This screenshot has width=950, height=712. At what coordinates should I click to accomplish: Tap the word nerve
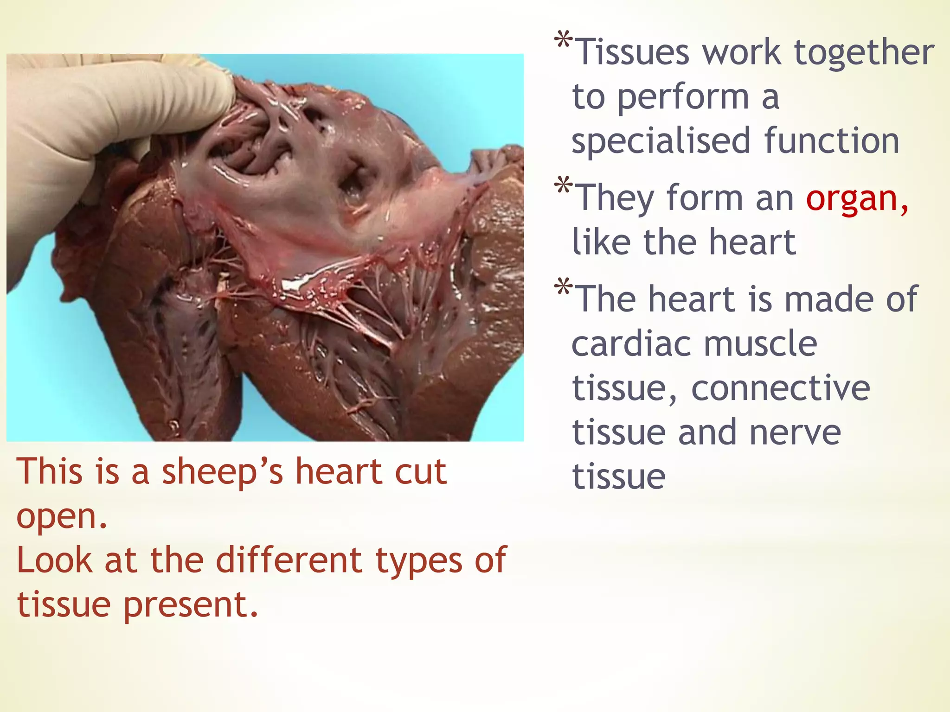tap(795, 432)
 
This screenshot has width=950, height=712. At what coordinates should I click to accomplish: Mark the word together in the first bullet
tap(864, 52)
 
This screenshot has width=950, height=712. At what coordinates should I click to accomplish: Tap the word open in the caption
tap(60, 517)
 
